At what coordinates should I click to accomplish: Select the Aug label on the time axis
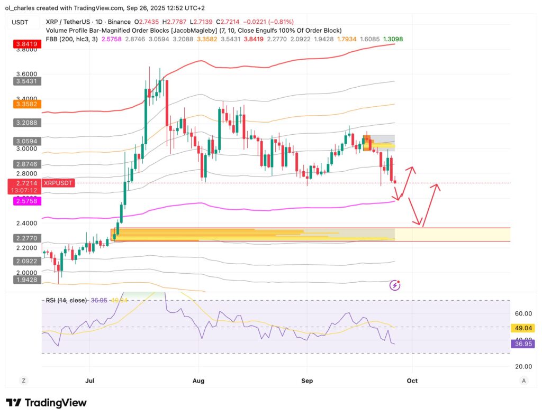(198, 380)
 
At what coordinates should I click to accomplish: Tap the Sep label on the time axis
(307, 380)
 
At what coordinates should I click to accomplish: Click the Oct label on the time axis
(412, 380)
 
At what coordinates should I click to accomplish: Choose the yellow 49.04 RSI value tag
(523, 328)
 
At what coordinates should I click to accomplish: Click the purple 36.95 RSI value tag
(523, 344)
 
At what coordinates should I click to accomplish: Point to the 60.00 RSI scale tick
(523, 314)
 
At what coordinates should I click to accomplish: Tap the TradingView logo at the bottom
(46, 403)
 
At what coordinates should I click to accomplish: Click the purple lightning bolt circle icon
(395, 285)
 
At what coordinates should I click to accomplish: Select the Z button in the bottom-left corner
(23, 380)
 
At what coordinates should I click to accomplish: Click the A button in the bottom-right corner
(523, 380)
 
